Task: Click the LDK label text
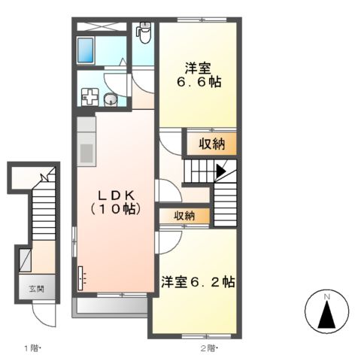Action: (x=114, y=194)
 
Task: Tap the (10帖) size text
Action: (x=114, y=210)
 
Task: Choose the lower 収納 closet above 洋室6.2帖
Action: (x=184, y=215)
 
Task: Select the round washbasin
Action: (x=111, y=99)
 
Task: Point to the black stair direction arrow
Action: (x=220, y=171)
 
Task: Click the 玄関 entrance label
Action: (x=37, y=287)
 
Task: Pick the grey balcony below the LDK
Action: (x=111, y=306)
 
